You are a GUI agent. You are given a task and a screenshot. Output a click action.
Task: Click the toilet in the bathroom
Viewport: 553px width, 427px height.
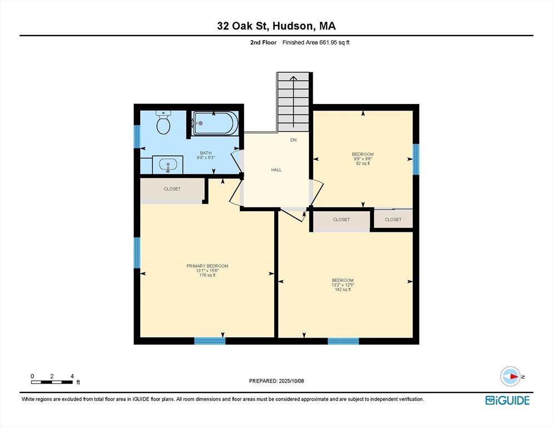tap(164, 122)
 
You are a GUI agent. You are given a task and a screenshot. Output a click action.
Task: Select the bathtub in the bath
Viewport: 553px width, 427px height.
tap(215, 123)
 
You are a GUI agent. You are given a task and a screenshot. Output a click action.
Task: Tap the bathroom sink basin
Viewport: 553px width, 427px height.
tap(168, 165)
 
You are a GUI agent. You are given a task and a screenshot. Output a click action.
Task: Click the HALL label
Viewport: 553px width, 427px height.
tap(276, 170)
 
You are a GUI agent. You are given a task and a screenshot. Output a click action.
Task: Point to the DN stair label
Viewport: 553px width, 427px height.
tap(293, 140)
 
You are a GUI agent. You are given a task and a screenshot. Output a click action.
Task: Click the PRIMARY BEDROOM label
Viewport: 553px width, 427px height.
tap(208, 266)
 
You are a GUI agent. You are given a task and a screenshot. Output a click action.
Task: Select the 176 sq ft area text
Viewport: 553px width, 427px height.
tap(208, 275)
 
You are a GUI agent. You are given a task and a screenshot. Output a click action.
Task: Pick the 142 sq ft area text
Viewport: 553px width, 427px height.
tap(343, 290)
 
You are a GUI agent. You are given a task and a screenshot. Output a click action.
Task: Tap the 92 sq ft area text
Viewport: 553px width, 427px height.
tap(363, 163)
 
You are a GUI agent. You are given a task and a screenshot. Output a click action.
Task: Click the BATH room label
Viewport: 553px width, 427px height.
tap(206, 153)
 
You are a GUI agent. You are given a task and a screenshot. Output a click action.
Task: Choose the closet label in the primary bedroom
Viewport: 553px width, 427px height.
tap(172, 189)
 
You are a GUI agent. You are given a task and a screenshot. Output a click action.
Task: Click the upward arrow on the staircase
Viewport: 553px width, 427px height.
tap(293, 101)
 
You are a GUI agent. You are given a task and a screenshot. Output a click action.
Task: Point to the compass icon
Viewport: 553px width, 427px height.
tap(510, 376)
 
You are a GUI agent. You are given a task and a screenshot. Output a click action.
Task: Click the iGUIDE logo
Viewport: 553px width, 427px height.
tap(507, 400)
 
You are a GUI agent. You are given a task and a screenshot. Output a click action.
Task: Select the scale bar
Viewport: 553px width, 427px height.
tap(52, 382)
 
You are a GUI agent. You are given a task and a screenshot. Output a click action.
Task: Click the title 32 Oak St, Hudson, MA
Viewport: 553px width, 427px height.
tap(276, 26)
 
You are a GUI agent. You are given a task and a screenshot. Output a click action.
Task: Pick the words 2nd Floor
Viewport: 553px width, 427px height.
tap(263, 42)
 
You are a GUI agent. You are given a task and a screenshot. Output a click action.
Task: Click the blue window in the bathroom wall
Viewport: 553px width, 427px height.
tap(137, 136)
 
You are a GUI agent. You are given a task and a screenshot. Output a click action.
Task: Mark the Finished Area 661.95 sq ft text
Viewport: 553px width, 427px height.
tap(316, 42)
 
